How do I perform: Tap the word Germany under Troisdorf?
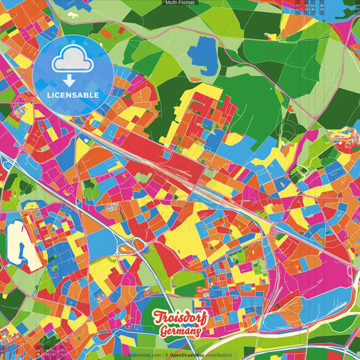180,331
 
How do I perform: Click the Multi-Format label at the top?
180,3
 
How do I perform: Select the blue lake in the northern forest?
202,51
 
